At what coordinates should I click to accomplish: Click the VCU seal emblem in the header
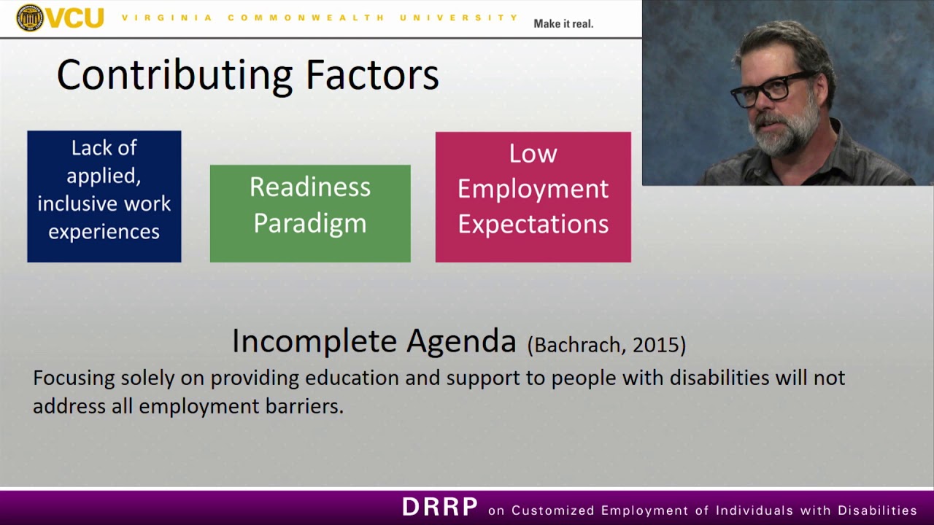tap(30, 17)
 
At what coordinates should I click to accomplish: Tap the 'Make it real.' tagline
tap(563, 23)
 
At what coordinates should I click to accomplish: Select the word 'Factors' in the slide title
tap(372, 76)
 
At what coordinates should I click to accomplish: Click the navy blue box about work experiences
tap(104, 196)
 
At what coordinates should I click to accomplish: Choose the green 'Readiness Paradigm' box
tap(310, 213)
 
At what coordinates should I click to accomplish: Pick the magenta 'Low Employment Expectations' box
tap(533, 197)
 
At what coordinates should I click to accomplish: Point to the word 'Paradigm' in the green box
tap(310, 223)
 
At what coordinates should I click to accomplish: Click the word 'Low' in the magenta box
tap(533, 154)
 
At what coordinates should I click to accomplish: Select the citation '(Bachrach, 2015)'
tap(606, 344)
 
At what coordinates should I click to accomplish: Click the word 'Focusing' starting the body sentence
tap(74, 378)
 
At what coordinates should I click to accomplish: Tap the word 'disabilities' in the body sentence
tap(719, 378)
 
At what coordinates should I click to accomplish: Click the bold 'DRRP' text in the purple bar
tap(440, 507)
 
